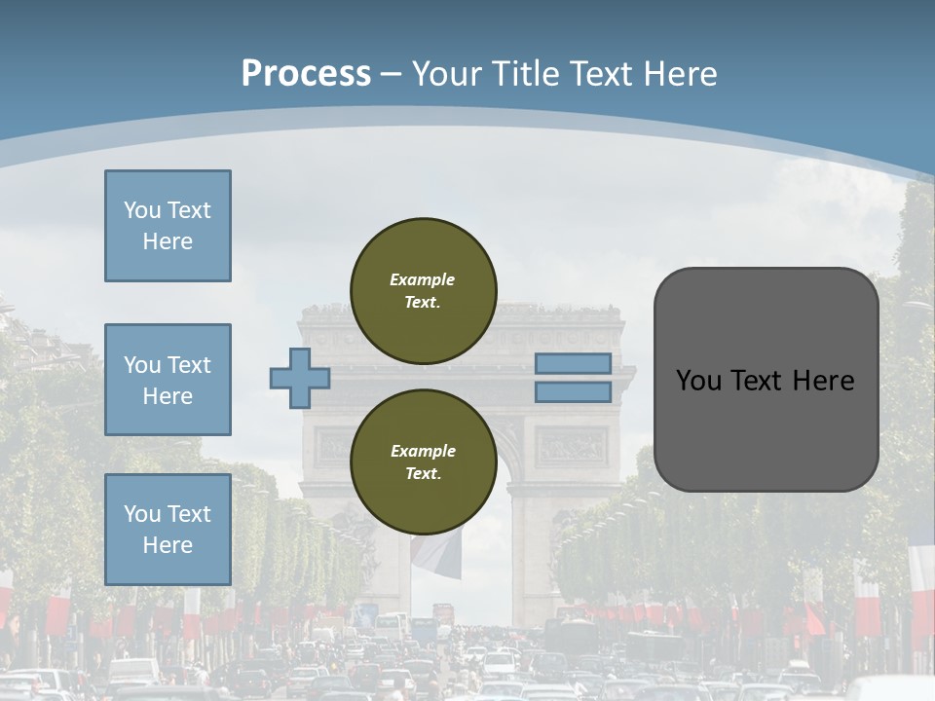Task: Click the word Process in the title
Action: coord(306,74)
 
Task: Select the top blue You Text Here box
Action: coord(168,226)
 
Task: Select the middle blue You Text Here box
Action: coord(168,380)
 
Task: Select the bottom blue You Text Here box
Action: coord(168,529)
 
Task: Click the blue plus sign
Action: coord(299,378)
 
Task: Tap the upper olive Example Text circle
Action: coord(423,291)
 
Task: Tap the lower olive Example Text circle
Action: coord(423,462)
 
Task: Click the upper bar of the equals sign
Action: coord(573,363)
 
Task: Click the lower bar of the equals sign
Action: coord(573,392)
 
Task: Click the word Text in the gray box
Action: coord(761,381)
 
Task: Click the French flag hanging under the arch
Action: coord(435,555)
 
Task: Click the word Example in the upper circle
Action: coord(422,279)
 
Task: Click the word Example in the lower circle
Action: coord(423,451)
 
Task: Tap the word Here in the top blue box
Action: coord(168,241)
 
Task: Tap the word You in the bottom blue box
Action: coord(140,513)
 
